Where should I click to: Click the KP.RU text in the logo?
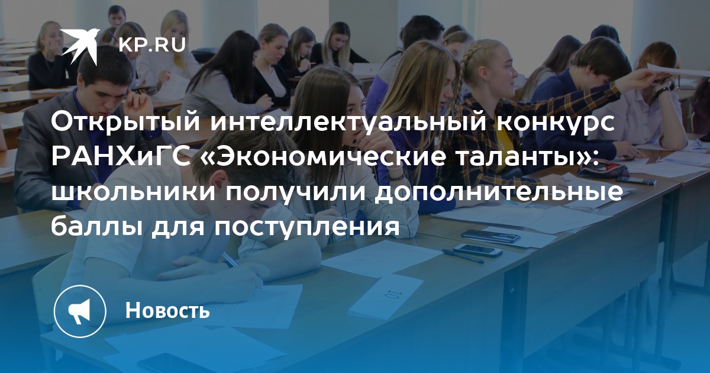pos(152,44)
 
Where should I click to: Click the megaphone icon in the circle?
pos(79,311)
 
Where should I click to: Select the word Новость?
pos(167,310)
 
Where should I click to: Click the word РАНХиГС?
pos(122,157)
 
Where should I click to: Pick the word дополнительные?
pos(499,194)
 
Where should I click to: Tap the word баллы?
pos(96,228)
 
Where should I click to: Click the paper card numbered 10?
pos(386,296)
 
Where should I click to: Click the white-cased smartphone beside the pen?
pos(477,250)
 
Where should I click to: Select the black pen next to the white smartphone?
pos(463,256)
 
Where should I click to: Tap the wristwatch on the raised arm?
pos(663,92)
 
